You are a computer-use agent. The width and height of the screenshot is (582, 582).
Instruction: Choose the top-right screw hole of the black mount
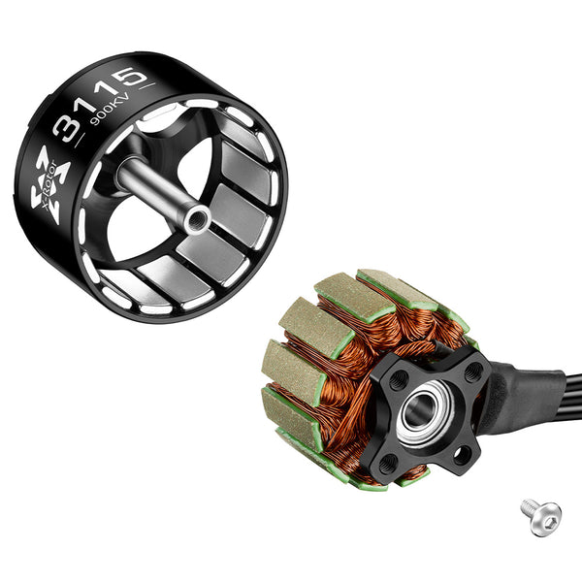click(471, 372)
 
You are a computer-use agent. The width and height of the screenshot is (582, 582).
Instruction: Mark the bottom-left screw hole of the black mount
click(386, 463)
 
